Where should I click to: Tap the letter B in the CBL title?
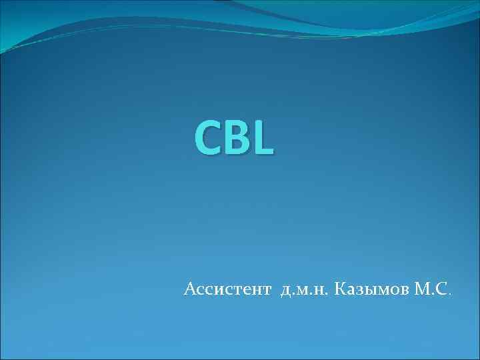pos(234,137)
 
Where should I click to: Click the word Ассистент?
pos(227,289)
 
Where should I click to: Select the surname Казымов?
pos(370,289)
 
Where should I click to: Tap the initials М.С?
pos(432,289)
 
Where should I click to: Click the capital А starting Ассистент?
pos(190,289)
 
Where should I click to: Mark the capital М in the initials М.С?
pos(421,289)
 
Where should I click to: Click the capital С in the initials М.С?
pos(442,289)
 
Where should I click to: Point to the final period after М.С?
pos(451,294)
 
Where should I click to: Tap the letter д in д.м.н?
pos(286,291)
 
